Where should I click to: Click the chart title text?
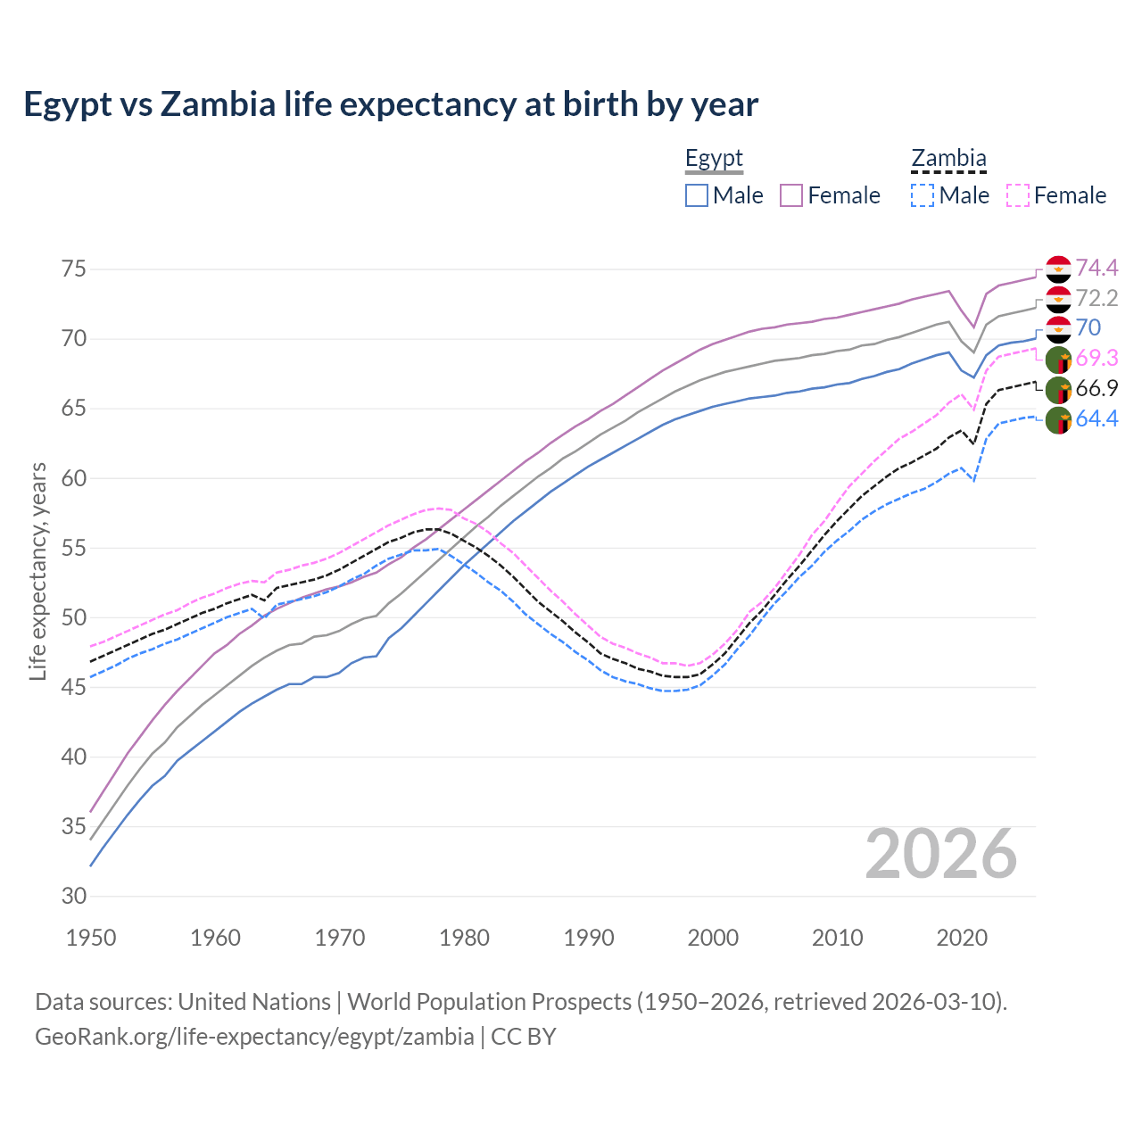tap(391, 104)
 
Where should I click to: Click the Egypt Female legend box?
tap(791, 195)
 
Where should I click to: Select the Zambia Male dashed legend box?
tap(923, 195)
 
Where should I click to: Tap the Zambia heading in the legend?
tap(948, 159)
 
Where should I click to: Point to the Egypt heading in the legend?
tap(714, 159)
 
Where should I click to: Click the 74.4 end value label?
tap(1096, 268)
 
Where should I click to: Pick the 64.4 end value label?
tap(1096, 418)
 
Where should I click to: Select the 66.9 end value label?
tap(1096, 388)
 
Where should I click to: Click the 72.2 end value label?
tap(1096, 298)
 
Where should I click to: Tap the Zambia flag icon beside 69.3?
tap(1058, 360)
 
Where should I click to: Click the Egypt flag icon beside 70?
tap(1058, 329)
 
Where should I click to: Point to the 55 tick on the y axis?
tap(74, 548)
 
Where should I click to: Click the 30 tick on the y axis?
tap(74, 896)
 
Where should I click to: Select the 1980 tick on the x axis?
tap(465, 938)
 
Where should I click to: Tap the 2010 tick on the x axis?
tap(837, 938)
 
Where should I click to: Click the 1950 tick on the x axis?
tap(92, 938)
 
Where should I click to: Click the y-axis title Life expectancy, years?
tap(37, 571)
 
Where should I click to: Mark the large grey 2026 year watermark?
tap(941, 854)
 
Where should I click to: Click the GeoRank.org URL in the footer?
tap(254, 1037)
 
